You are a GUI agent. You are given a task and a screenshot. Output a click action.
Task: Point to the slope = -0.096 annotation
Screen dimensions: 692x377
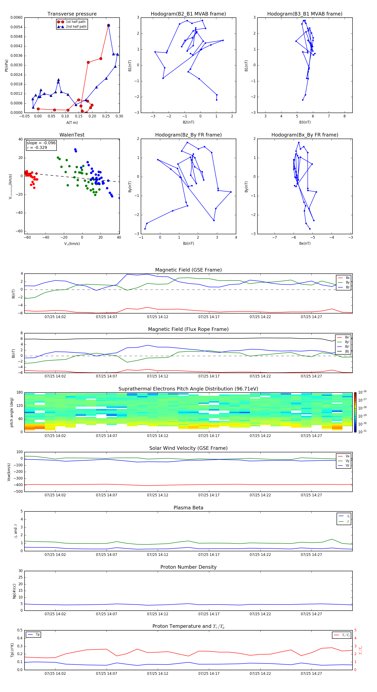[41, 143]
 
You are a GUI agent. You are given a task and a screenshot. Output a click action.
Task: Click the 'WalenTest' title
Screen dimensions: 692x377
[72, 135]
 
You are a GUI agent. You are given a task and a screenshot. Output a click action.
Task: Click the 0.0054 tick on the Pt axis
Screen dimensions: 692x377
[16, 27]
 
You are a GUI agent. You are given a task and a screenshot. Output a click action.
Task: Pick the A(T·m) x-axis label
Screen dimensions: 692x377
[72, 123]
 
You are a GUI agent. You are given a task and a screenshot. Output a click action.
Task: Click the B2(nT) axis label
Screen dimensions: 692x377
[188, 122]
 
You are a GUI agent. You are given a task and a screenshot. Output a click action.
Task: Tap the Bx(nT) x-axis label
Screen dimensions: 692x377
[305, 243]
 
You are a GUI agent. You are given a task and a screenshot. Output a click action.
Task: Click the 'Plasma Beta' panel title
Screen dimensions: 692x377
[188, 508]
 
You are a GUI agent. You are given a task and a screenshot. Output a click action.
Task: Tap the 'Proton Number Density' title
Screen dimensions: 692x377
[188, 567]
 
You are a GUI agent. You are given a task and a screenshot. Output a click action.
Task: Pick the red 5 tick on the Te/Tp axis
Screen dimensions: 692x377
[355, 630]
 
